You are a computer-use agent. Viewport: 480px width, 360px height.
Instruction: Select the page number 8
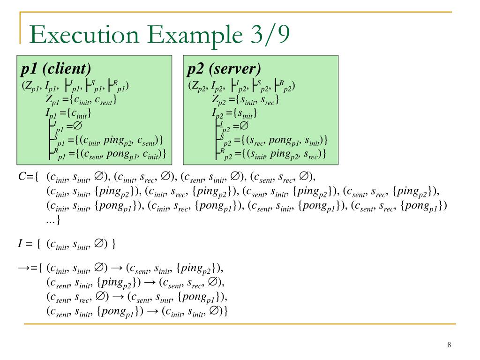tap(449, 345)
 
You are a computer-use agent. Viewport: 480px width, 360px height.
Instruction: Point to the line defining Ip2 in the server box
tap(234, 113)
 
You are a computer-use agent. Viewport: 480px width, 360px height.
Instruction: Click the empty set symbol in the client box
tap(77, 126)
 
